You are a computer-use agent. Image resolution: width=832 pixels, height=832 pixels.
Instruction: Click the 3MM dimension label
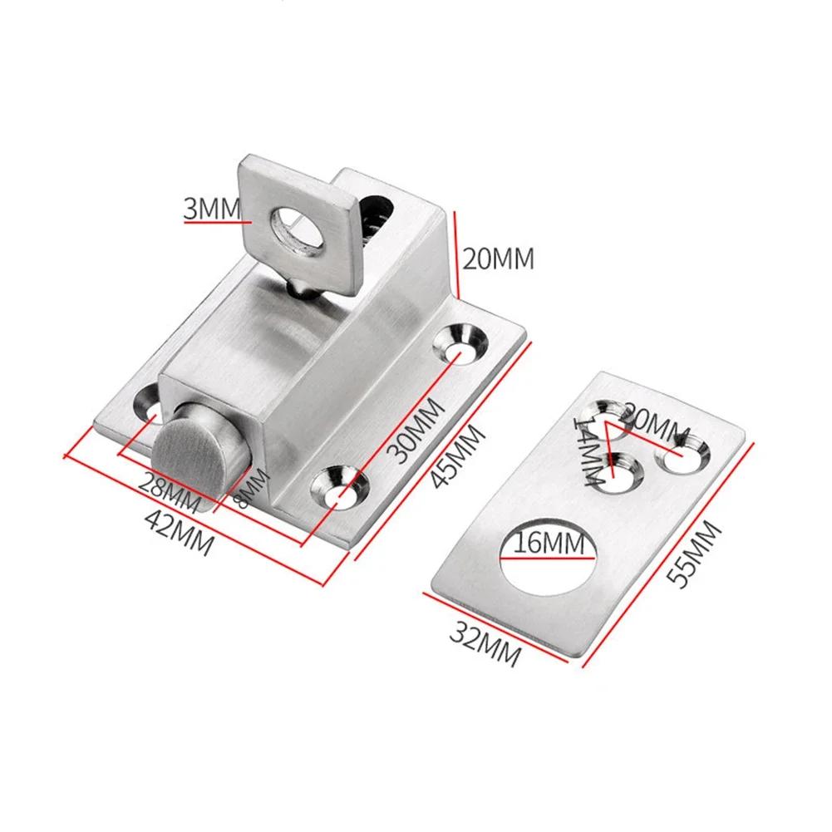click(212, 208)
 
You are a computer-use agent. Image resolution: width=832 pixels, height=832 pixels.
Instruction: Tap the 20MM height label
click(498, 259)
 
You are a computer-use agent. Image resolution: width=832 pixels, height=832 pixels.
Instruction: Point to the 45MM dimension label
click(457, 455)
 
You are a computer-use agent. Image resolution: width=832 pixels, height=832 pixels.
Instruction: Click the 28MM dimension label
click(169, 492)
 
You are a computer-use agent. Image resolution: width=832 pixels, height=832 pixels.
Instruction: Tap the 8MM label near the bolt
click(252, 488)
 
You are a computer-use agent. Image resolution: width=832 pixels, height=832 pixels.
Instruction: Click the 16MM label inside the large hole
click(549, 543)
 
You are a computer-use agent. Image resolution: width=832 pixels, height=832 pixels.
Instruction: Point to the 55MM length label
click(693, 554)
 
